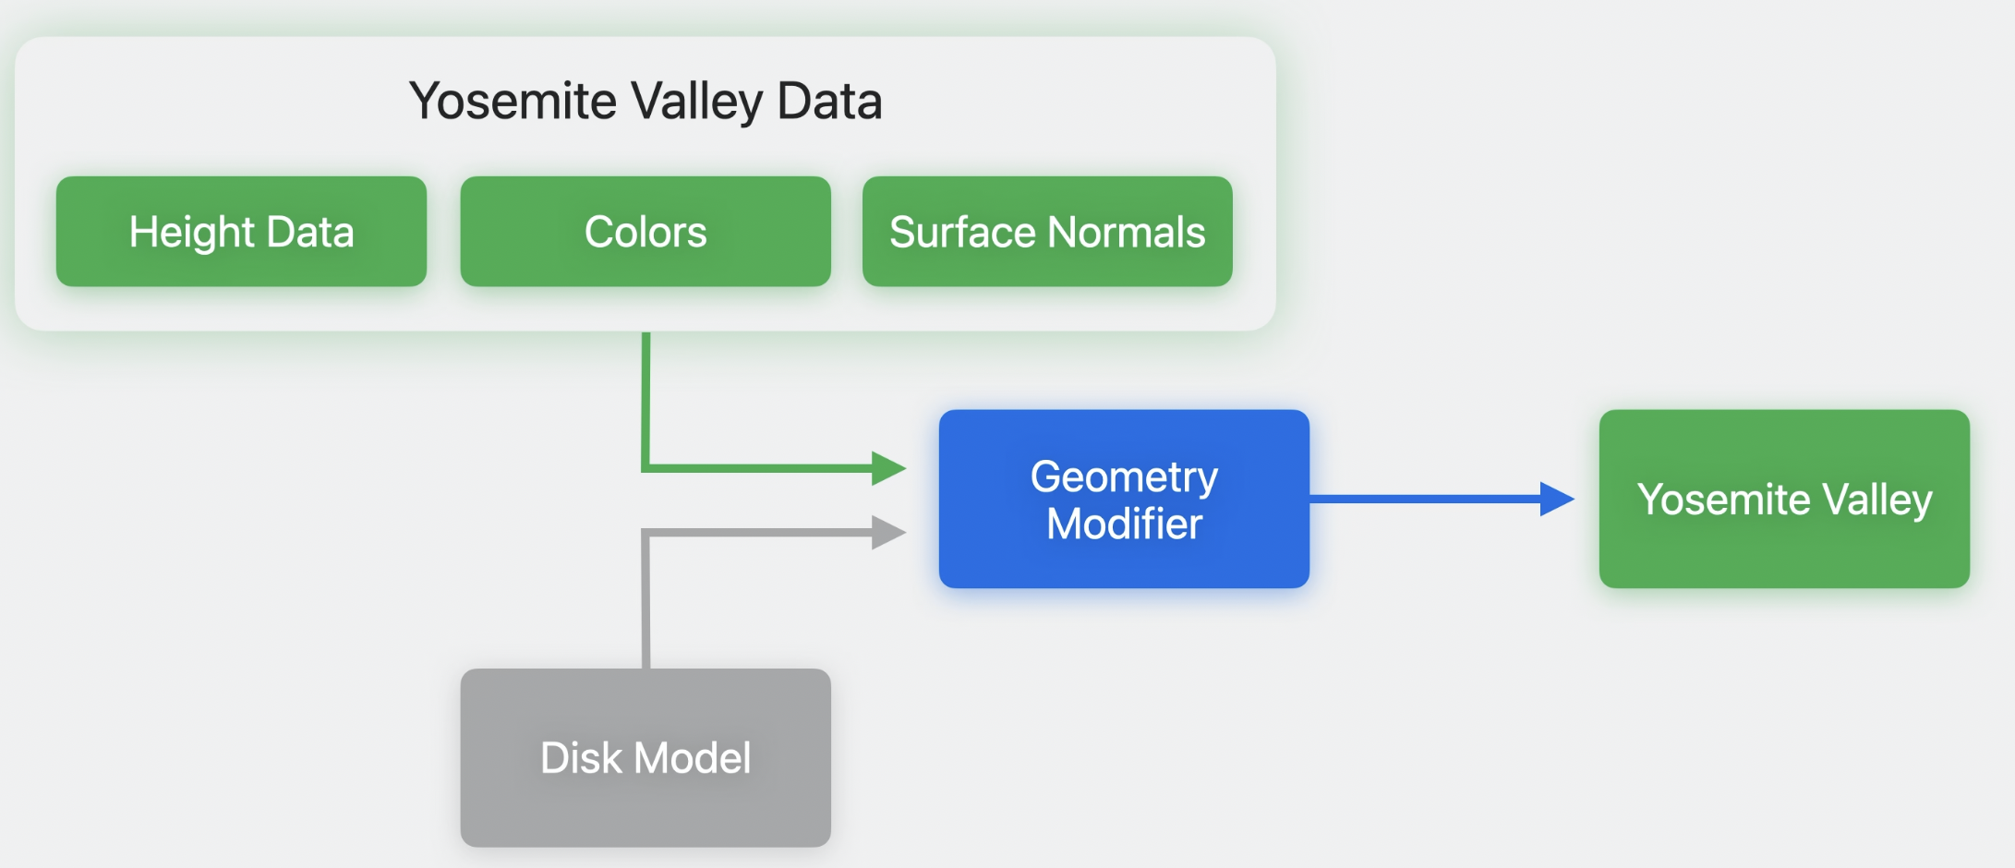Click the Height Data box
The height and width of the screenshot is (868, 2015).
241,232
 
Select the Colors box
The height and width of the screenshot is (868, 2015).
646,232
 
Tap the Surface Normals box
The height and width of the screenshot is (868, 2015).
1047,232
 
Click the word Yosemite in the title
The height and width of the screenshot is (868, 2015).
513,101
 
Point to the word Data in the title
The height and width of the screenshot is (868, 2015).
829,101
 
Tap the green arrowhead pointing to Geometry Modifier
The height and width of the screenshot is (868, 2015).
887,468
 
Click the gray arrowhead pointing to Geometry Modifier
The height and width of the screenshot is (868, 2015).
887,532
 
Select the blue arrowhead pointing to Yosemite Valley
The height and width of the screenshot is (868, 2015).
1556,499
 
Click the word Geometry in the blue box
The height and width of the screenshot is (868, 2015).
1124,477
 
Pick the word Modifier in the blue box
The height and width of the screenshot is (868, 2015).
1124,524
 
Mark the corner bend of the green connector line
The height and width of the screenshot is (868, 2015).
646,468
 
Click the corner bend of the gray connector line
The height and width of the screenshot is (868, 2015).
646,533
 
